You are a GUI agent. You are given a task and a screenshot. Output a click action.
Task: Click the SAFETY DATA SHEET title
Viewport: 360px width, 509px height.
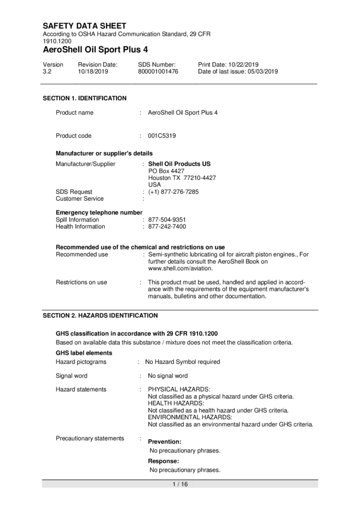[x=85, y=26]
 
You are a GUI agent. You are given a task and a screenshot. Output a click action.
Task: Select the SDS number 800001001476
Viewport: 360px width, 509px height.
[x=158, y=71]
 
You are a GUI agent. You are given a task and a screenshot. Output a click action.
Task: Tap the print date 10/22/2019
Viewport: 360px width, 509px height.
[x=244, y=65]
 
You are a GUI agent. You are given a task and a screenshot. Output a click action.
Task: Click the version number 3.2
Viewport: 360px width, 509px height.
[x=47, y=71]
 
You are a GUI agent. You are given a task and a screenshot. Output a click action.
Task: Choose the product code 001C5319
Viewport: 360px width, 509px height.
[x=162, y=136]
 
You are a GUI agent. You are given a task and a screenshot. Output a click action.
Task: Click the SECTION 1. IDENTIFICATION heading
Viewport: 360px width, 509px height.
[x=85, y=98]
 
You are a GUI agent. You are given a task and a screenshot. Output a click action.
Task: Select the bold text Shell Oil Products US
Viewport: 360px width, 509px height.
[x=179, y=164]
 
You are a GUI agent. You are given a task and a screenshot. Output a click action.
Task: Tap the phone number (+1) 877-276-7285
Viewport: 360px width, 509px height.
[x=173, y=192]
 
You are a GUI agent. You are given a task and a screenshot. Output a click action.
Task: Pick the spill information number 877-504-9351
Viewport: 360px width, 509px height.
[x=167, y=220]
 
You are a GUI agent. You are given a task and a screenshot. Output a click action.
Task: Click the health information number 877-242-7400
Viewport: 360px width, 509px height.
[x=167, y=227]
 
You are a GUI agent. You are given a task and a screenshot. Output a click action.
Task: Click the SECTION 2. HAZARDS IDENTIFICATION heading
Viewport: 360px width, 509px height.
[x=100, y=316]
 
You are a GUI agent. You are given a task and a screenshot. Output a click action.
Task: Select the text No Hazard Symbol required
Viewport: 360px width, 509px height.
[x=182, y=362]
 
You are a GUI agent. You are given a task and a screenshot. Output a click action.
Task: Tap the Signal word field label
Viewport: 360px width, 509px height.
[x=72, y=375]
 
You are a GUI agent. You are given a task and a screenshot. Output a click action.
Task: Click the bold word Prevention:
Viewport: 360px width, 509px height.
[x=165, y=442]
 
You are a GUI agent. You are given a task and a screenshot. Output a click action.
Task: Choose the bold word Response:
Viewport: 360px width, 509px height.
[x=164, y=461]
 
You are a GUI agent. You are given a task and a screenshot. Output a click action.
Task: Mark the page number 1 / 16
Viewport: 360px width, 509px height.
[x=180, y=484]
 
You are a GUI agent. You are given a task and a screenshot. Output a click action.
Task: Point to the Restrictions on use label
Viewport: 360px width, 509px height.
[x=81, y=282]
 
